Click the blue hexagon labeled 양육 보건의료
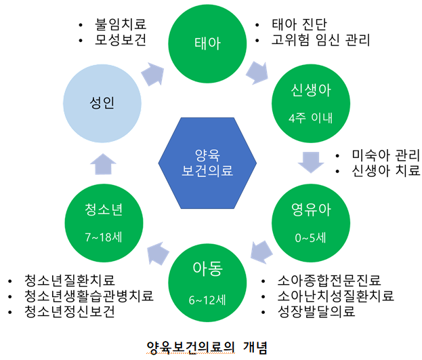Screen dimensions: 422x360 pyautogui.click(x=207, y=163)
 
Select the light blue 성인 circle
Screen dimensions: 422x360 pyautogui.click(x=102, y=104)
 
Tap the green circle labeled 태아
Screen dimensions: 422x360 pyautogui.click(x=207, y=43)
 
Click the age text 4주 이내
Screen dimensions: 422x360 pyautogui.click(x=311, y=118)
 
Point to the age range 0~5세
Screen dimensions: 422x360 pyautogui.click(x=311, y=238)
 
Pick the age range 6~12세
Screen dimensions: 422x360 pyautogui.click(x=207, y=300)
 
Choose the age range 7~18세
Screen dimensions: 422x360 pyautogui.click(x=104, y=237)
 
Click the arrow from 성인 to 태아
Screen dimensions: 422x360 pyautogui.click(x=153, y=75)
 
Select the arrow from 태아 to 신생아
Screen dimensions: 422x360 pyautogui.click(x=257, y=73)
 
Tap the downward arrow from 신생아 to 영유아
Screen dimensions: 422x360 pyautogui.click(x=311, y=162)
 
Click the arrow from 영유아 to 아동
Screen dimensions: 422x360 pyautogui.click(x=261, y=252)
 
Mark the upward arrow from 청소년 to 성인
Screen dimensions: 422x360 pyautogui.click(x=103, y=164)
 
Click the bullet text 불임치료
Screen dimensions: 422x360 pyautogui.click(x=121, y=24)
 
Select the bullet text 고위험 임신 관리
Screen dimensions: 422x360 pyautogui.click(x=321, y=40)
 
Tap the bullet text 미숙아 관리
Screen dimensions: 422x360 pyautogui.click(x=386, y=155)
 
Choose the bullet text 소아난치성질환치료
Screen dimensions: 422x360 pyautogui.click(x=336, y=296)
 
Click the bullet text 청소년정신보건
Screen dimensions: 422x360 pyautogui.click(x=70, y=311)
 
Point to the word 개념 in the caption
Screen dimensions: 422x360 pyautogui.click(x=255, y=347)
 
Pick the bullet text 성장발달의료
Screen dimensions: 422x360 pyautogui.click(x=316, y=311)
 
